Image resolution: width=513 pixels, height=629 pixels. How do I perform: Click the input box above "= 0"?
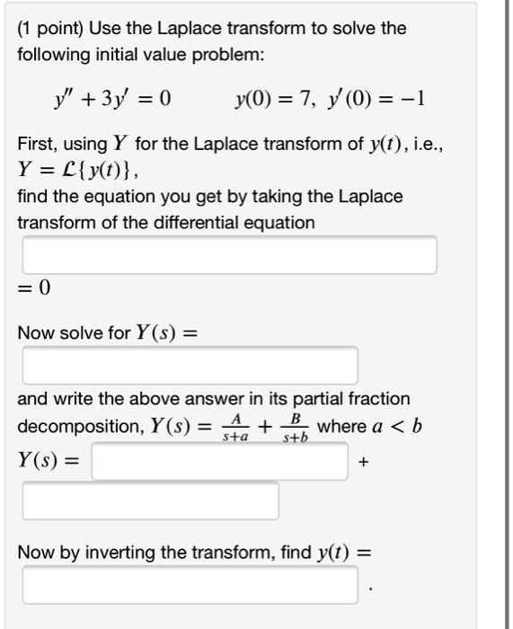[x=230, y=255]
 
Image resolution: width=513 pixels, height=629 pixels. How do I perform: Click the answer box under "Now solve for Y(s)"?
[x=190, y=365]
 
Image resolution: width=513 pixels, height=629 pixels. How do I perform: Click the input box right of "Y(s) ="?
[x=219, y=462]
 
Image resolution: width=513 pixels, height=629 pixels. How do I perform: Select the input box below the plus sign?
[x=150, y=501]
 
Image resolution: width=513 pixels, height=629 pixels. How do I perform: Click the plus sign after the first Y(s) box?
[x=363, y=463]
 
